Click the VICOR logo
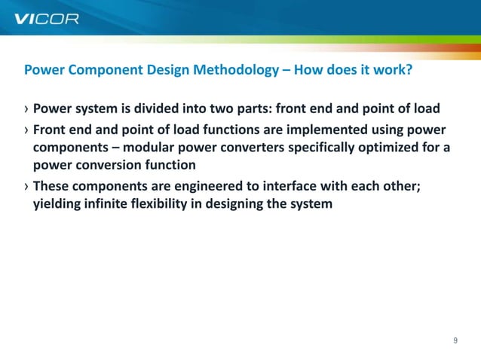coord(46,19)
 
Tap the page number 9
coord(455,340)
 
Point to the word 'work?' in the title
coord(392,71)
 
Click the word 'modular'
coord(149,147)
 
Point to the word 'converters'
coord(254,147)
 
